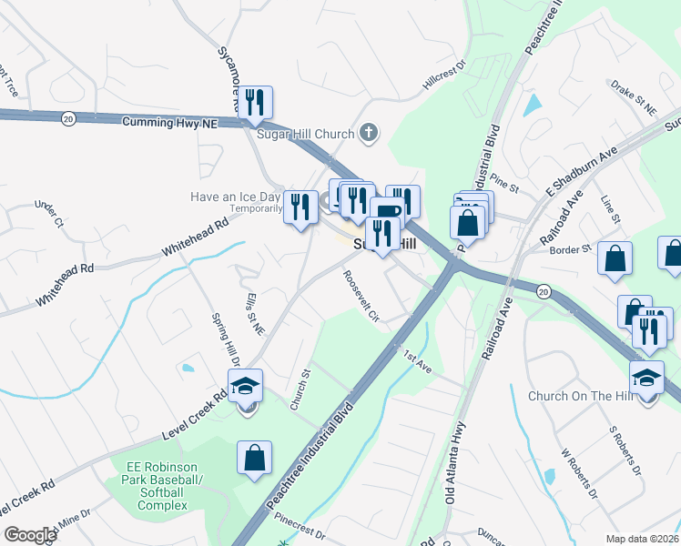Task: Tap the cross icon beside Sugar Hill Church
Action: coord(369,134)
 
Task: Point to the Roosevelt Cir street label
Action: coord(361,296)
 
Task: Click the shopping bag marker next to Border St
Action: coord(615,258)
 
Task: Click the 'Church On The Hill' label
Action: coord(579,396)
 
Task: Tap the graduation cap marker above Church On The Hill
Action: coord(646,378)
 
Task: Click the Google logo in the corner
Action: coord(30,534)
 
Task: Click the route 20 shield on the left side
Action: coord(68,117)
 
